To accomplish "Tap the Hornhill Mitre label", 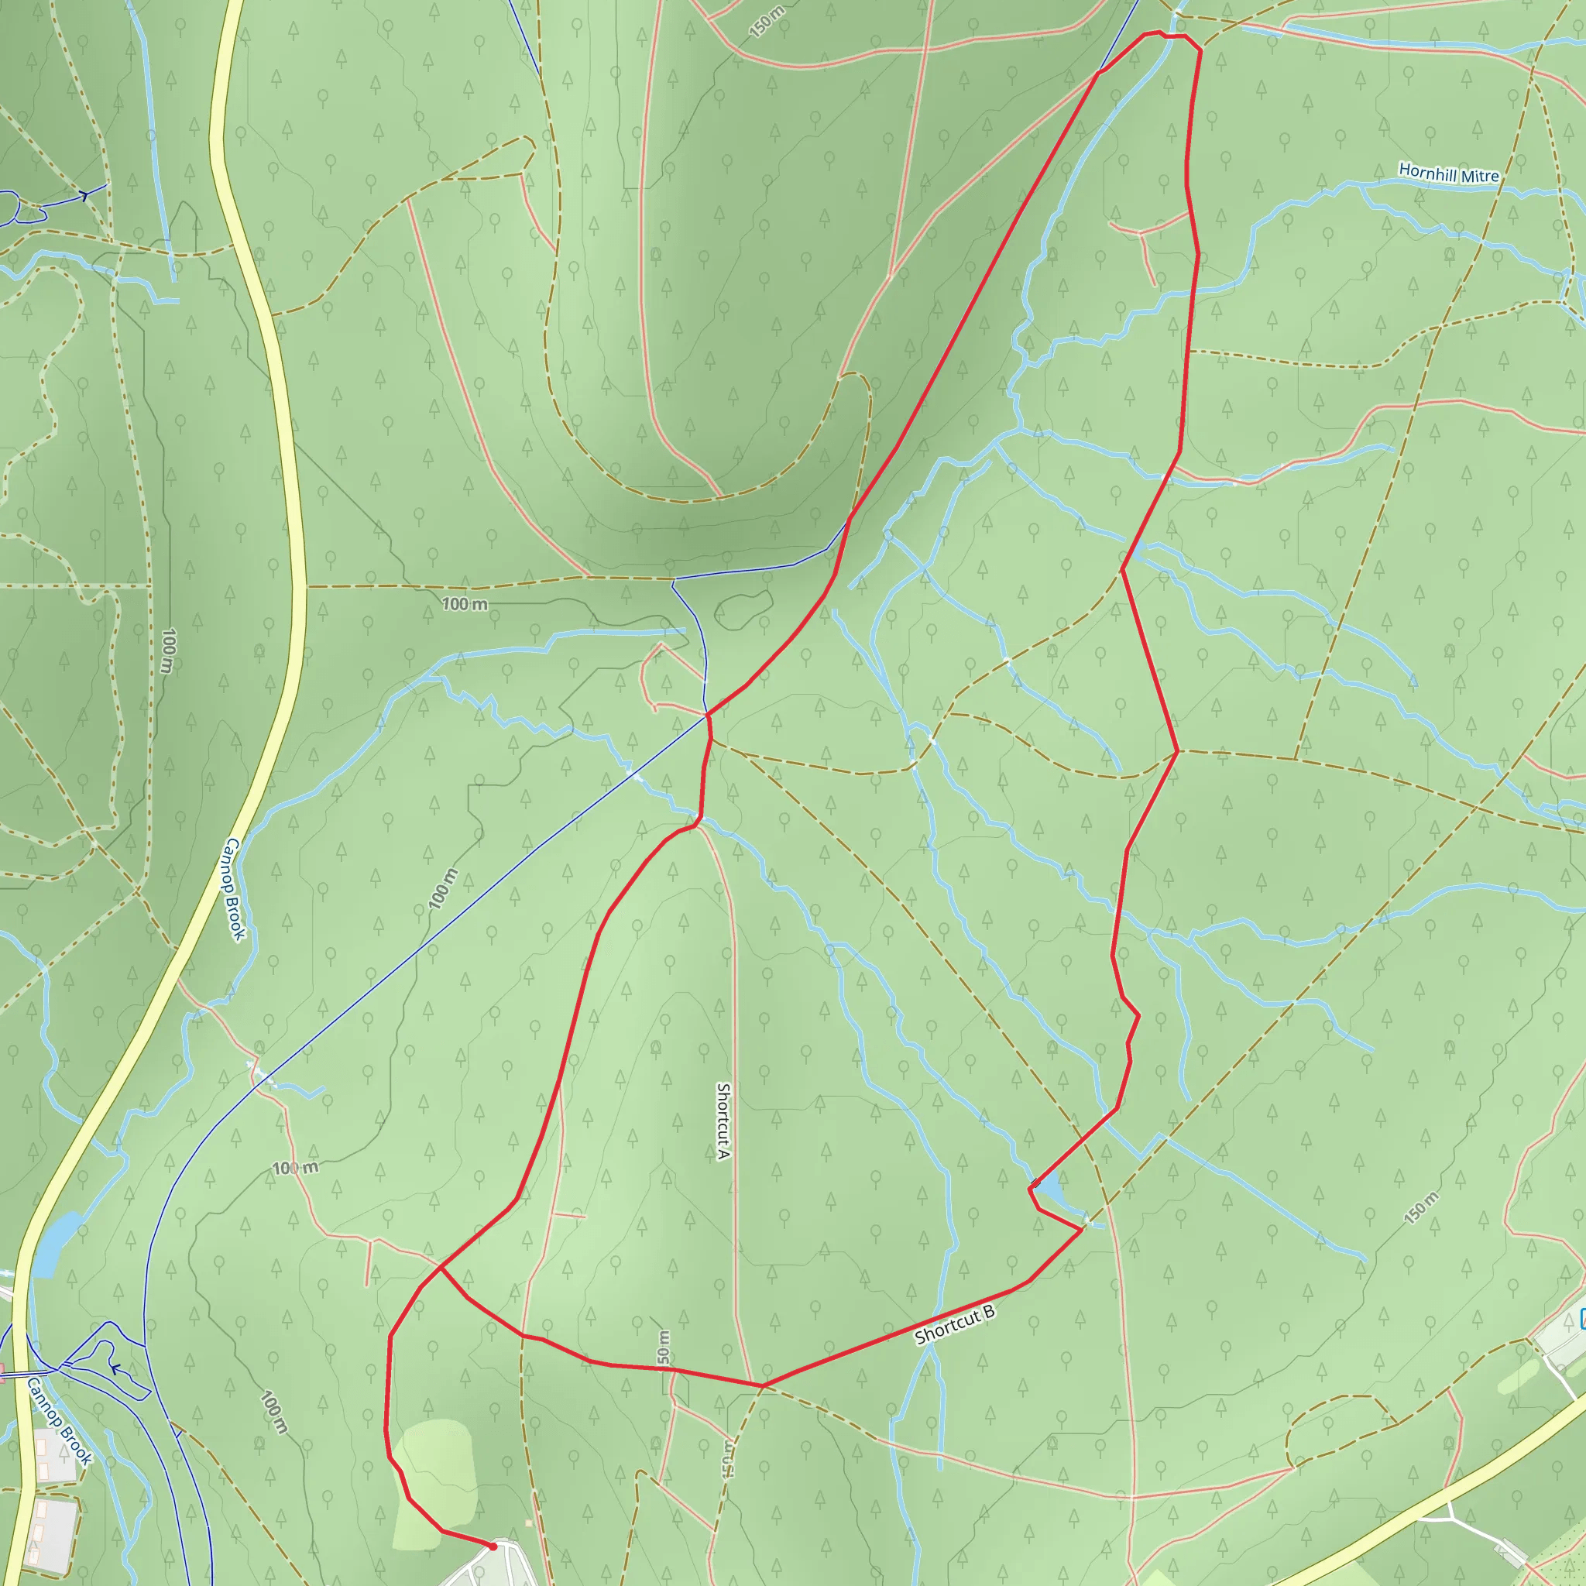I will point(1448,173).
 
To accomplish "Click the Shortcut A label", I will point(723,1121).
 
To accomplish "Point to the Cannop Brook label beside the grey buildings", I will point(59,1421).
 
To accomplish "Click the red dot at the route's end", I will point(493,1547).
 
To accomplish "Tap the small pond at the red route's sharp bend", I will point(1052,1191).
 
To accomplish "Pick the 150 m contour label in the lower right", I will point(1421,1208).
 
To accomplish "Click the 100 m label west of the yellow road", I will point(167,651).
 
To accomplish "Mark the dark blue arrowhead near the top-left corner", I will point(84,195).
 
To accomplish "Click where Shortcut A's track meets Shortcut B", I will point(762,1386).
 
